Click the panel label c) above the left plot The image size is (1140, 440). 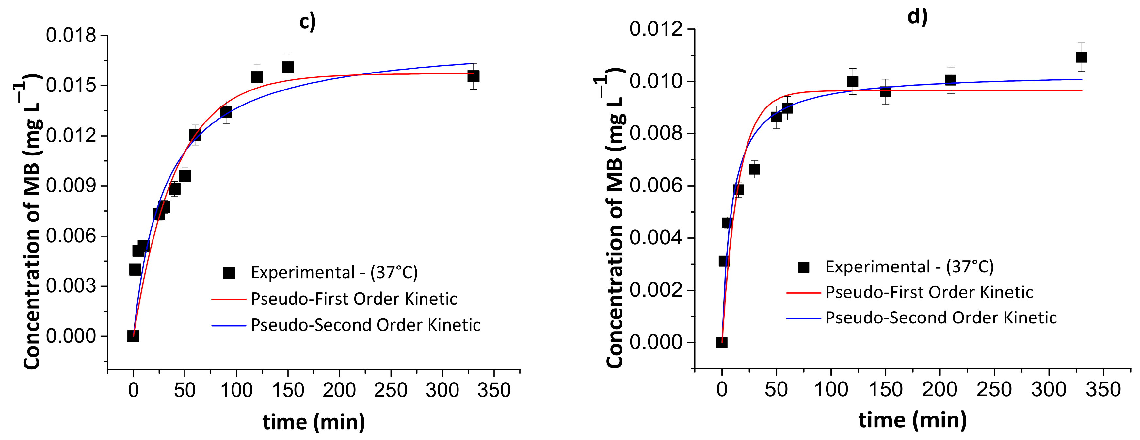tap(307, 22)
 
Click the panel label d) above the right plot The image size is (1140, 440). tap(917, 17)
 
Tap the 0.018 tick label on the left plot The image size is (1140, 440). tap(71, 35)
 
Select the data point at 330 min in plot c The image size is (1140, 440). tap(473, 76)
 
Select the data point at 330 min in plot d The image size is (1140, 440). tap(1081, 57)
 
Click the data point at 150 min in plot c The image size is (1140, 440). tap(288, 67)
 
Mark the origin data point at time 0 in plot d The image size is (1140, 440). tap(722, 342)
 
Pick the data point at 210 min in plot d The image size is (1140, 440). tap(951, 80)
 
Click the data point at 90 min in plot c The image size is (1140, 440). tap(226, 112)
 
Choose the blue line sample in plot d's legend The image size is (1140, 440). tap(803, 318)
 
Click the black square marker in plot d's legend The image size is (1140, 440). tap(803, 267)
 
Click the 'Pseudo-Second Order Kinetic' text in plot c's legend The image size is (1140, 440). tap(365, 325)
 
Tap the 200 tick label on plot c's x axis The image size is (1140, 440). tap(339, 390)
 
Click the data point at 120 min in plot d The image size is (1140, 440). tap(852, 81)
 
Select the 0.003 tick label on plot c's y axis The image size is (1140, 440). tap(71, 286)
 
